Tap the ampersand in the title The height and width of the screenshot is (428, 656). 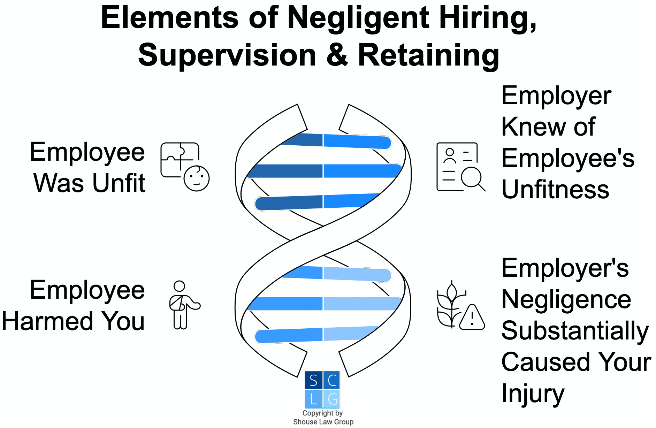click(337, 55)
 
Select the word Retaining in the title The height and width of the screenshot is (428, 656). click(429, 55)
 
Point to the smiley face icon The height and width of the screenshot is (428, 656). click(197, 178)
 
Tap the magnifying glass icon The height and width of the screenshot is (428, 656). click(472, 178)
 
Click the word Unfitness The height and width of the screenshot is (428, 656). click(555, 190)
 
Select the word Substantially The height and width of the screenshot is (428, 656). click(575, 331)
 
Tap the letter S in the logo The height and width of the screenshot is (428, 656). click(313, 380)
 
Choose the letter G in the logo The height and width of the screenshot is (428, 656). click(332, 399)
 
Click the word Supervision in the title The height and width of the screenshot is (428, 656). click(227, 55)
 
